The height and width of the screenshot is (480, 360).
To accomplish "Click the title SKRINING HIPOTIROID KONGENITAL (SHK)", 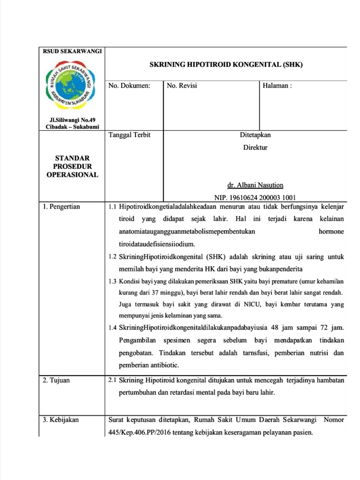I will [226, 65].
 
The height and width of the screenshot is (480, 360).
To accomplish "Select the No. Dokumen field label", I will [129, 86].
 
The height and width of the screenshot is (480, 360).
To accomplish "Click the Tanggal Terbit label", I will [129, 135].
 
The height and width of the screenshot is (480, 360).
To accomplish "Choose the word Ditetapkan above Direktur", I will [255, 135].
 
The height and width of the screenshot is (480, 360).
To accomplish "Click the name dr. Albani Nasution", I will [255, 185].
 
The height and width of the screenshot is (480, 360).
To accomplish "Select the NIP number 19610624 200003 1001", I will [255, 197].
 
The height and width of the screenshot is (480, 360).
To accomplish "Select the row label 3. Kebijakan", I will [61, 420].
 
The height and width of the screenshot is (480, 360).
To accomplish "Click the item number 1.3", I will [112, 281].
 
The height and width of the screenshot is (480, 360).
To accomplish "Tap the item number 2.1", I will [112, 380].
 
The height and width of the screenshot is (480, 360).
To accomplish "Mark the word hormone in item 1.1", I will [331, 232].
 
